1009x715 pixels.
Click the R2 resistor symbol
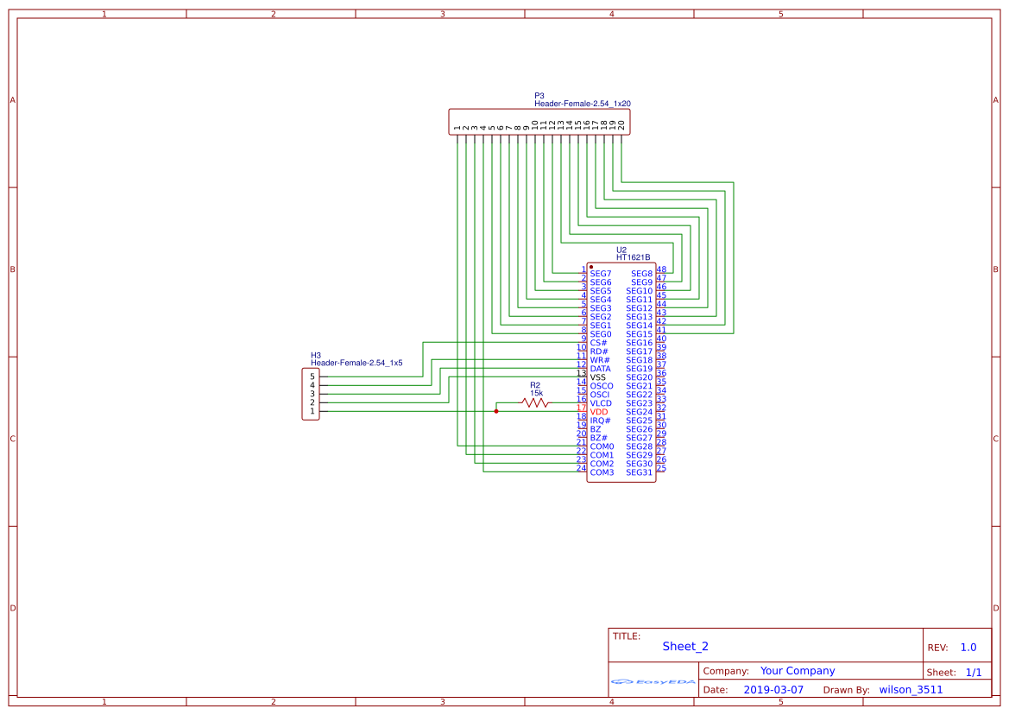(x=534, y=403)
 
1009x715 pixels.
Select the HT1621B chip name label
(x=633, y=257)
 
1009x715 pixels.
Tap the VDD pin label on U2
(x=599, y=412)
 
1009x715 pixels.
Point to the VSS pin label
(x=598, y=377)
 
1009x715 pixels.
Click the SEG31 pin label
(x=640, y=472)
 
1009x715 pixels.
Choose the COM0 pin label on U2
(x=602, y=446)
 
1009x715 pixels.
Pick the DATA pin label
(x=600, y=369)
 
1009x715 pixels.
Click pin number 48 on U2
(x=661, y=269)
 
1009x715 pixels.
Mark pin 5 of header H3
(x=312, y=376)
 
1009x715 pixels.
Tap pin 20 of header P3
(x=621, y=124)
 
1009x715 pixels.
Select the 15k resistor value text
(x=537, y=393)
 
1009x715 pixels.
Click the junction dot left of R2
(x=496, y=412)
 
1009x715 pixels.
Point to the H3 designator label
(x=316, y=355)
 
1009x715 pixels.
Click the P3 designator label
(x=539, y=96)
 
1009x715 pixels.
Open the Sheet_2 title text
(x=685, y=646)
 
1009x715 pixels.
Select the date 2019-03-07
(x=773, y=690)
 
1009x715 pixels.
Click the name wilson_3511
(x=911, y=690)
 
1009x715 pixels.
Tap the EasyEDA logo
(x=653, y=681)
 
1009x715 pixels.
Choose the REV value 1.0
(x=968, y=647)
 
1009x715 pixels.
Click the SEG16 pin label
(x=640, y=343)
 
